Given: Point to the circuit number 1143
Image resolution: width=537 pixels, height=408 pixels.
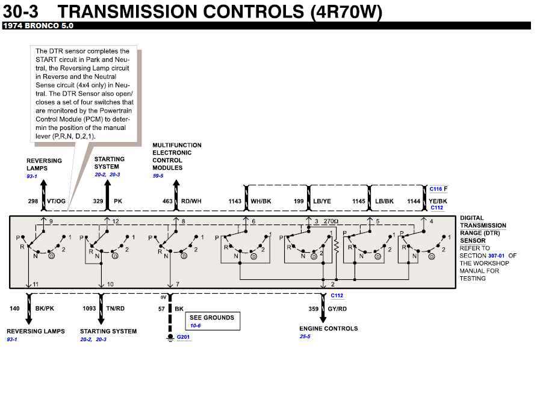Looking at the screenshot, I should pyautogui.click(x=235, y=202).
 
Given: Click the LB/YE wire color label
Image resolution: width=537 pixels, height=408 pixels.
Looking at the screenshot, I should pyautogui.click(x=322, y=202).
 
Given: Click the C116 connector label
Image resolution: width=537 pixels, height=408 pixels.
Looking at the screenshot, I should pyautogui.click(x=436, y=189).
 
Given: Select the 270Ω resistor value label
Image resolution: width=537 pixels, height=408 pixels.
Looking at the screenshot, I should pyautogui.click(x=331, y=222).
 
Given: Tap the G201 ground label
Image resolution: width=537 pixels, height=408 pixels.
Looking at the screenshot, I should pyautogui.click(x=184, y=337).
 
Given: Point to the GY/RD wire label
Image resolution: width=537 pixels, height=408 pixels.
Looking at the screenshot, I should pyautogui.click(x=337, y=309).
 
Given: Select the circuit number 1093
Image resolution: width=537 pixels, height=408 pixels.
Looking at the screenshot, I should pyautogui.click(x=89, y=309).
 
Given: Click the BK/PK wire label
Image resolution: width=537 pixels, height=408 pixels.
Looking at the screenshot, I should pyautogui.click(x=45, y=309).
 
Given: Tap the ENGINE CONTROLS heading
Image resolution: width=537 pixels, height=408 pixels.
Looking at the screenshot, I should pyautogui.click(x=329, y=329).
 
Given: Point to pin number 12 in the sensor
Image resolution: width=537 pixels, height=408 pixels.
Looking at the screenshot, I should pyautogui.click(x=115, y=222).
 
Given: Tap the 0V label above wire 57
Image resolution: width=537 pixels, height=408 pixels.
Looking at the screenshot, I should pyautogui.click(x=163, y=297).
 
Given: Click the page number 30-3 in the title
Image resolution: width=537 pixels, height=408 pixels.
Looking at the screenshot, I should pyautogui.click(x=23, y=11).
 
